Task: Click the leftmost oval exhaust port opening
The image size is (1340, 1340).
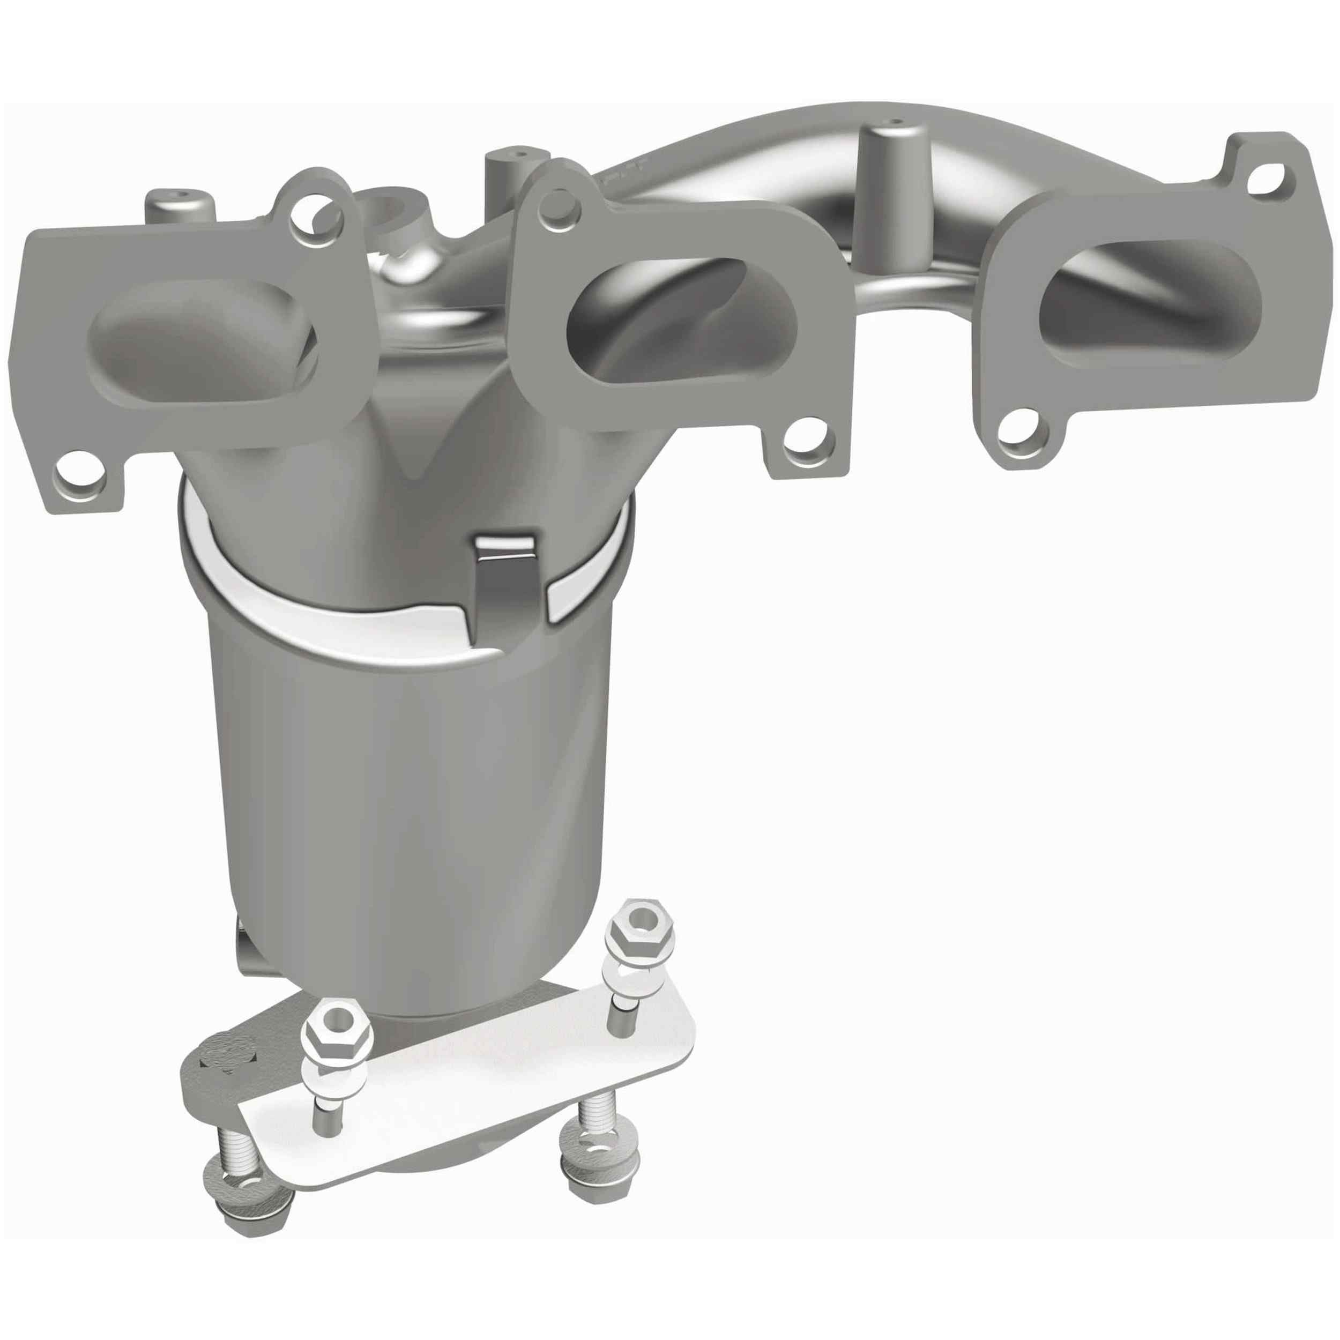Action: click(201, 344)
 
